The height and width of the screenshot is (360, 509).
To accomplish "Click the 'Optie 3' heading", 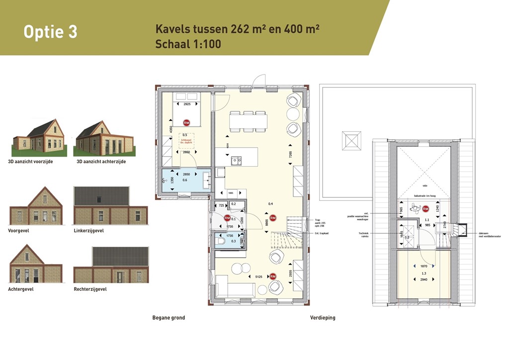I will (50, 32).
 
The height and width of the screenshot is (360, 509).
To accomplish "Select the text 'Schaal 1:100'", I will (188, 44).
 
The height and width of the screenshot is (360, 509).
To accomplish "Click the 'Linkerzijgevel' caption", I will (89, 231).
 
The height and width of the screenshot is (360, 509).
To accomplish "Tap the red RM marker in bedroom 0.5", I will (186, 122).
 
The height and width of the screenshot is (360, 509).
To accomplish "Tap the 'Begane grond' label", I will (169, 318).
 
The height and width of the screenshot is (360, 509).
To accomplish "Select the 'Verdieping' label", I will (323, 318).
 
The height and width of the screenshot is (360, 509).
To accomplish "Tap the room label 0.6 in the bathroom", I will (184, 180).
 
